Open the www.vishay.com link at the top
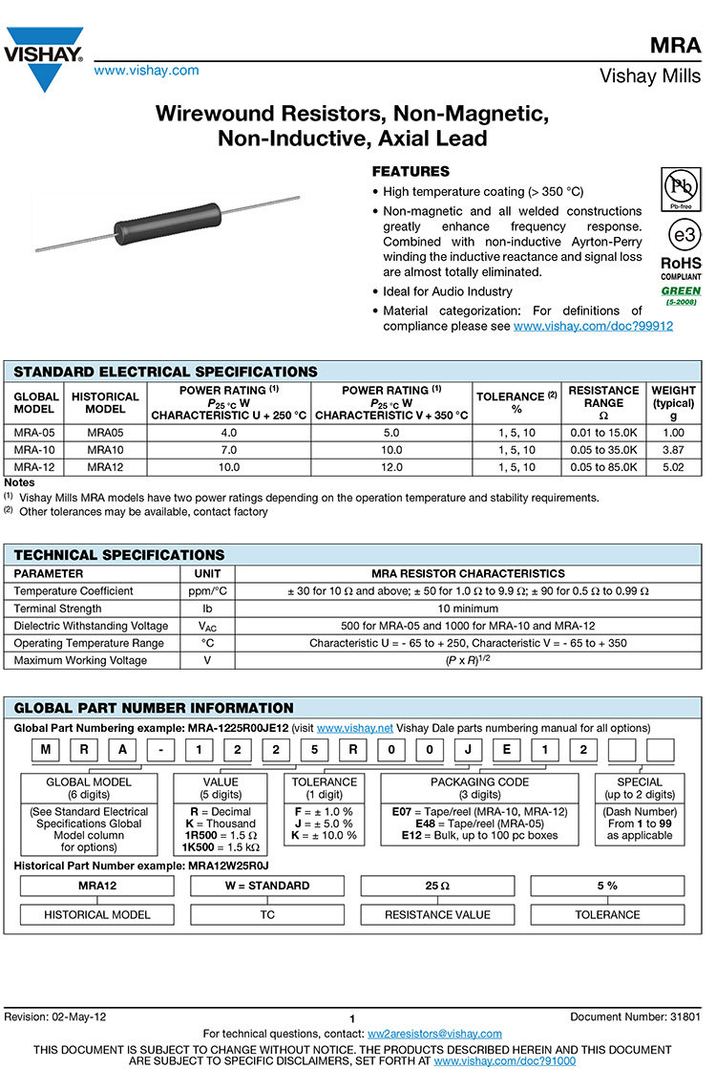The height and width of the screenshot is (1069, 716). pos(146,70)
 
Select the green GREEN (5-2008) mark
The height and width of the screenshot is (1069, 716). pos(681,291)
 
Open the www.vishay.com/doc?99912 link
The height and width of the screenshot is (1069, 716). pos(593,326)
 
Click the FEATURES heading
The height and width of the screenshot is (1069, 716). pos(410,172)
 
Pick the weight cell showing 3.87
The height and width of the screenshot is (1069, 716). pos(673,449)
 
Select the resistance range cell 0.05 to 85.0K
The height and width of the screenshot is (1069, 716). pos(603,466)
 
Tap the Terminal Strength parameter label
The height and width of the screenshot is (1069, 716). pos(57,609)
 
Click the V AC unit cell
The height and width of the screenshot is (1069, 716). pos(207,626)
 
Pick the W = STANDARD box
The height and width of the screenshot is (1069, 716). pos(267,886)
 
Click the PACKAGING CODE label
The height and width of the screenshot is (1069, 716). pos(479,781)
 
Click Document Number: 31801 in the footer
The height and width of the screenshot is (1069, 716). pos(635,1017)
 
